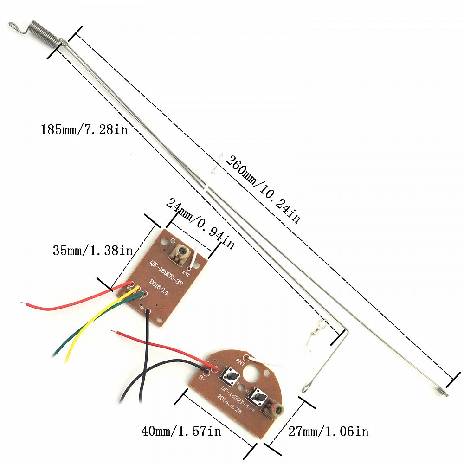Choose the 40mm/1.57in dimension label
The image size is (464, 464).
click(181, 432)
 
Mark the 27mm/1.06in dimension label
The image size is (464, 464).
click(329, 432)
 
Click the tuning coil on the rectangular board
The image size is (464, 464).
click(180, 253)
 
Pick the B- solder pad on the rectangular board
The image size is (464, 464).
click(148, 311)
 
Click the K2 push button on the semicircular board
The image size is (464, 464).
click(231, 374)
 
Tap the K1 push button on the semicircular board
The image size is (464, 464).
click(257, 397)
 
